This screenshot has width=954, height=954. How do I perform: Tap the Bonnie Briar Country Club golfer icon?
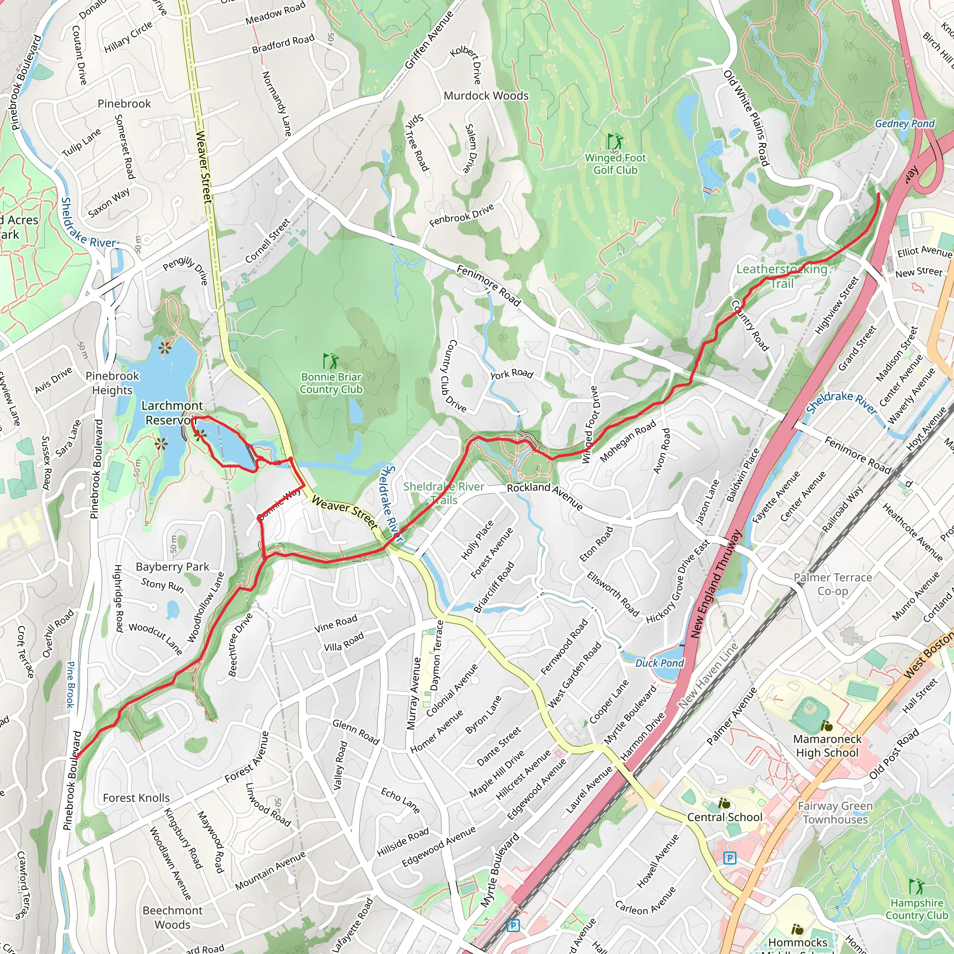coord(330,361)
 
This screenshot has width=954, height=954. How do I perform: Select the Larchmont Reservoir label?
coord(171,413)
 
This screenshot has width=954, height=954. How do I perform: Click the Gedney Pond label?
coord(905,123)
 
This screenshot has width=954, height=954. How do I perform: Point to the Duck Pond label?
coord(659,663)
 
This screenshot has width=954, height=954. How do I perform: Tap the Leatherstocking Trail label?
coord(782,276)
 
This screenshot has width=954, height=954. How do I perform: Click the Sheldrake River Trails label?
coord(443,493)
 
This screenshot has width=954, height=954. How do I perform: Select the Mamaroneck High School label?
coord(827,746)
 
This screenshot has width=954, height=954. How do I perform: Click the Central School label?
coord(724,817)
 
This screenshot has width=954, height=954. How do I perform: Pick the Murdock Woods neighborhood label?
coord(486,96)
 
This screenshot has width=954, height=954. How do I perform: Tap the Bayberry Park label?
coord(172,566)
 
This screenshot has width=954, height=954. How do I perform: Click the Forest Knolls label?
coord(136,798)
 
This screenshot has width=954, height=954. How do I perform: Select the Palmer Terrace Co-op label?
coord(832,584)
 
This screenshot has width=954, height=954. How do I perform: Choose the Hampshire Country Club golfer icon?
coord(916,886)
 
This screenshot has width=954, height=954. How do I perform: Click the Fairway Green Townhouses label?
coord(835,812)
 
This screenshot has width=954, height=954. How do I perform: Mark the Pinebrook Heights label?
coord(112,383)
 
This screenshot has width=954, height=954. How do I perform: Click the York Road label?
coord(511,374)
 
